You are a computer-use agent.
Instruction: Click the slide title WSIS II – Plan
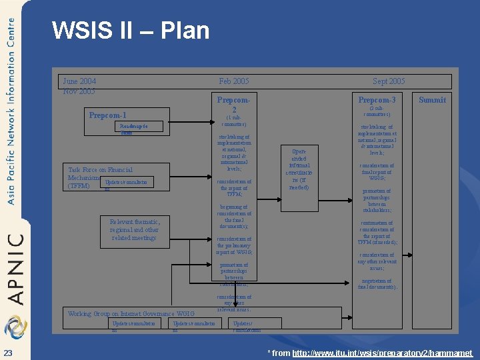131,31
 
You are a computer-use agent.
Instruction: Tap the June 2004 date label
79,81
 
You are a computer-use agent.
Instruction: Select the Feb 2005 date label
233,81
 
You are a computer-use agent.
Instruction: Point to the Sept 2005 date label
389,81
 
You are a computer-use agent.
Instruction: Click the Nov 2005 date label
79,91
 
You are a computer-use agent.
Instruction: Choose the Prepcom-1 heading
107,115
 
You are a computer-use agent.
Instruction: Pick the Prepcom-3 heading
377,100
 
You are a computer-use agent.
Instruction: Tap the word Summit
432,100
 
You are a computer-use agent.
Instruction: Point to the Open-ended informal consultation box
293,169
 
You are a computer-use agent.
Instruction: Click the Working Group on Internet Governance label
131,314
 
